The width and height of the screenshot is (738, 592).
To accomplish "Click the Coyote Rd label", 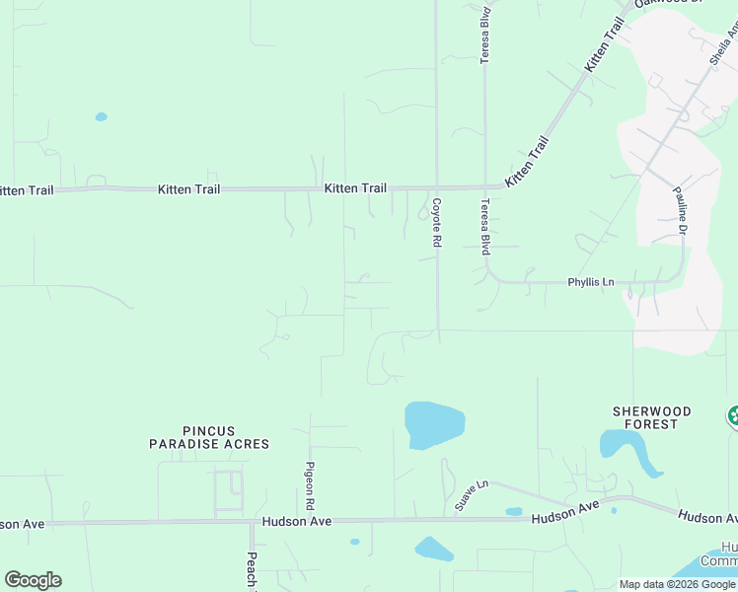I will (436, 223).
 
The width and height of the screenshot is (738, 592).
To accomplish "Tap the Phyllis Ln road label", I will (591, 282).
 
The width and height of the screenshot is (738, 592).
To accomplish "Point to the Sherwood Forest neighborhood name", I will (651, 417).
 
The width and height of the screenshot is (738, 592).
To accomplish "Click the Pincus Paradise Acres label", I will (209, 437).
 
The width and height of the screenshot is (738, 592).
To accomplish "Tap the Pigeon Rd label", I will (309, 484).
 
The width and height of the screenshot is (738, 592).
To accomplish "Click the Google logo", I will (33, 579).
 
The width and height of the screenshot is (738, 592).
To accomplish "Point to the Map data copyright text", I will (678, 584).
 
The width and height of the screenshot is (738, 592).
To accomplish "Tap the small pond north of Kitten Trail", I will (101, 116).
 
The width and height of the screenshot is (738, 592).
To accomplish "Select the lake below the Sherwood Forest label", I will (631, 449).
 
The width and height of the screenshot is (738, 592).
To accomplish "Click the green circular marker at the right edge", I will (733, 416).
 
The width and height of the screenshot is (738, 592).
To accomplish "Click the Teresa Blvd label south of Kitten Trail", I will (485, 227).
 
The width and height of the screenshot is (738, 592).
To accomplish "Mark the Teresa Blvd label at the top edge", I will (485, 36).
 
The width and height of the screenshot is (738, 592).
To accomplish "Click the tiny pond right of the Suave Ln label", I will (514, 511).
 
